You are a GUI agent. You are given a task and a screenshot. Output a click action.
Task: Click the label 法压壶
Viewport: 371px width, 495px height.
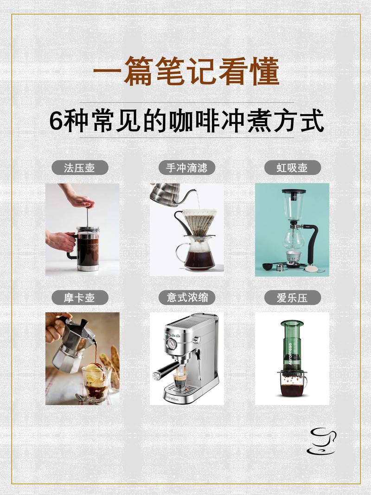(79, 167)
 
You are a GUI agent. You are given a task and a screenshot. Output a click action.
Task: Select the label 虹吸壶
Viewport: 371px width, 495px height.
(292, 167)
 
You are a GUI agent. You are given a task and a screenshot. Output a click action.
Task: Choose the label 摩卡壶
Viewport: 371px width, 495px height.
(79, 298)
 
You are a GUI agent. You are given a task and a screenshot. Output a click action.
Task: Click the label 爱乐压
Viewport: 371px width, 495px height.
(292, 298)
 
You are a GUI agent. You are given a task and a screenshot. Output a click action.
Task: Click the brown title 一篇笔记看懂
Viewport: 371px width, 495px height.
(185, 72)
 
